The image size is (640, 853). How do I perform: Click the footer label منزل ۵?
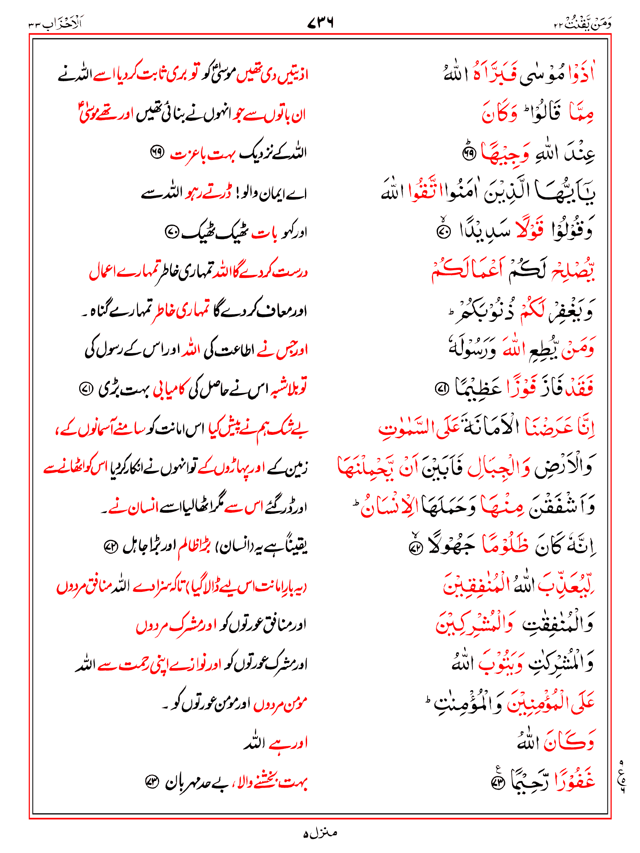coord(320,833)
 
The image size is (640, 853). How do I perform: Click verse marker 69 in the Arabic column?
coord(469,154)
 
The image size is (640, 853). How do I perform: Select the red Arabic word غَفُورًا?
coord(573,783)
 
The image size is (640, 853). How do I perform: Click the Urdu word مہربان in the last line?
coord(184,783)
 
